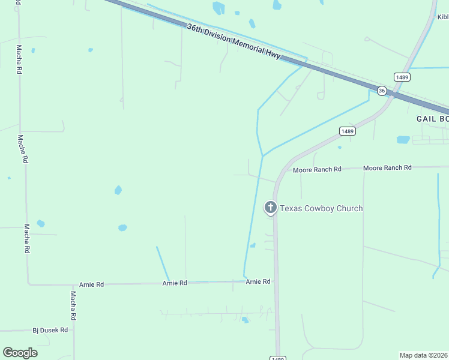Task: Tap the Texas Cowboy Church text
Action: [321, 208]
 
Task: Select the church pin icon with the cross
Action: [271, 208]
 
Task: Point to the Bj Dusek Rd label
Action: [50, 329]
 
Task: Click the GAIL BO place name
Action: [432, 119]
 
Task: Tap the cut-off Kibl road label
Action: [443, 17]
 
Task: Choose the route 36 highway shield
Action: [382, 90]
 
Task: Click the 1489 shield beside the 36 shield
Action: [402, 77]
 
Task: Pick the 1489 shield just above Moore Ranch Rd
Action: [347, 131]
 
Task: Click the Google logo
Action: [20, 353]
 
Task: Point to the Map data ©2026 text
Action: [424, 355]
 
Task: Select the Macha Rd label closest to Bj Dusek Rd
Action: [73, 305]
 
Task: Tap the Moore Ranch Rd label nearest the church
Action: [317, 170]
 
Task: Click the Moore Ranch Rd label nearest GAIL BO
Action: [387, 168]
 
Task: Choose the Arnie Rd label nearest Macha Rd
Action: [91, 284]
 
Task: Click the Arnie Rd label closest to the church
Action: [258, 281]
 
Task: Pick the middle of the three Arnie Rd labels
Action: [175, 283]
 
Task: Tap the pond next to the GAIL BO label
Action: [403, 140]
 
